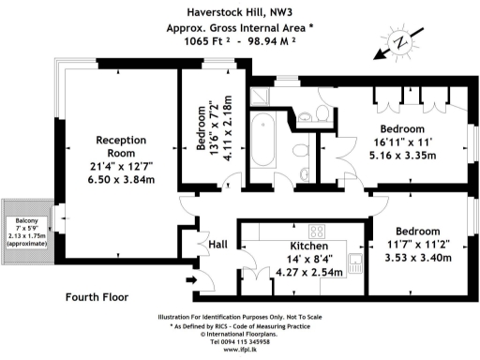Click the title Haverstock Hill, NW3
tap(239, 12)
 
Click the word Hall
tap(217, 245)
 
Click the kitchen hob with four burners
tap(317, 232)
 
